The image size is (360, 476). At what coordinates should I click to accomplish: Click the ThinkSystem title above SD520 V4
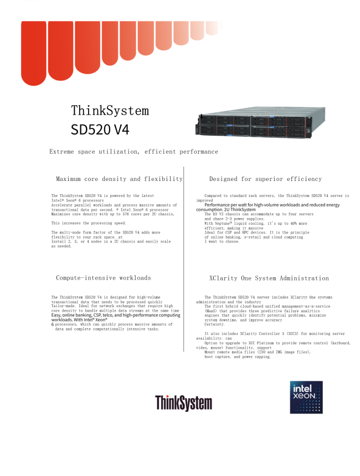tap(110, 111)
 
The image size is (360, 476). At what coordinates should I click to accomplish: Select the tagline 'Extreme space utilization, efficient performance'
tap(133, 152)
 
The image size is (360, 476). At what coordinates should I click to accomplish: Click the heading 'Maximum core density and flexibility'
tap(119, 179)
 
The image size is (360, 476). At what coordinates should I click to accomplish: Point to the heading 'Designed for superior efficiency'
tap(265, 179)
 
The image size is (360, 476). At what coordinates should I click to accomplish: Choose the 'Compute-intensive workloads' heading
tap(104, 278)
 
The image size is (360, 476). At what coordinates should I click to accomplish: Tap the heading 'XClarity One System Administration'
tap(269, 278)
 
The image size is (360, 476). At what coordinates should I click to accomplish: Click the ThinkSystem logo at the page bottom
tap(183, 403)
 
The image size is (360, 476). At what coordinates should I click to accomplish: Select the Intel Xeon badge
tap(306, 397)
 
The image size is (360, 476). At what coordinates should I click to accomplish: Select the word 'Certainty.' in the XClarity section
tap(214, 324)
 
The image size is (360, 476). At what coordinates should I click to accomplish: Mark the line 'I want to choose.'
tap(222, 241)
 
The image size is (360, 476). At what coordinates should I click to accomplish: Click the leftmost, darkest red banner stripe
tap(33, 53)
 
